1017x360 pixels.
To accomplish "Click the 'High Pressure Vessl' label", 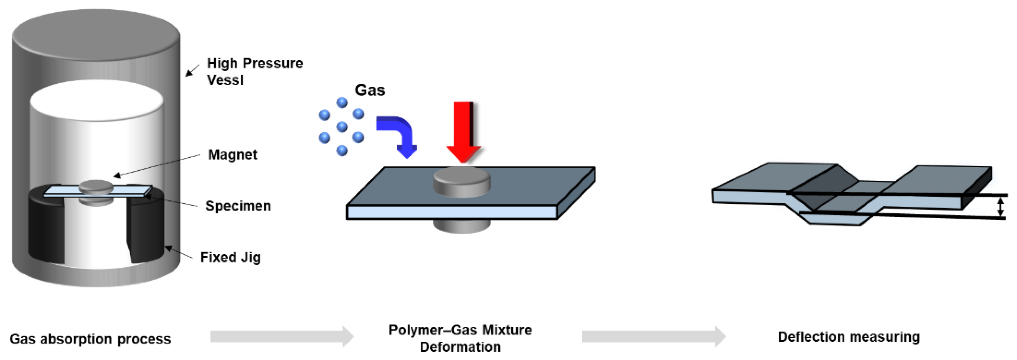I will pos(254,71).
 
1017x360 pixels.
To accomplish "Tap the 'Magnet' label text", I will pos(232,154).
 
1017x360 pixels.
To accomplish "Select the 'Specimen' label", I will pos(238,206).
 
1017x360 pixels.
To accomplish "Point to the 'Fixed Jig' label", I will pos(230,257).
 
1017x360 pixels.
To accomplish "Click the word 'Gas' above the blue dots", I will pos(370,90).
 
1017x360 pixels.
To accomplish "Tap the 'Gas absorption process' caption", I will pos(90,339).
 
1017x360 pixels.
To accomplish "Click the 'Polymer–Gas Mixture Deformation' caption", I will pos(460,338).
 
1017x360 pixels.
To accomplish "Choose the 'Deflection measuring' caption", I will pos(848,337).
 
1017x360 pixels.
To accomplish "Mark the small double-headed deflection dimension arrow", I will pos(1000,207).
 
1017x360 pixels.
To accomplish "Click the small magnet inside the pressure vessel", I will pos(96,187).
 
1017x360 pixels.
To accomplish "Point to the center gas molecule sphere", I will pos(342,127).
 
